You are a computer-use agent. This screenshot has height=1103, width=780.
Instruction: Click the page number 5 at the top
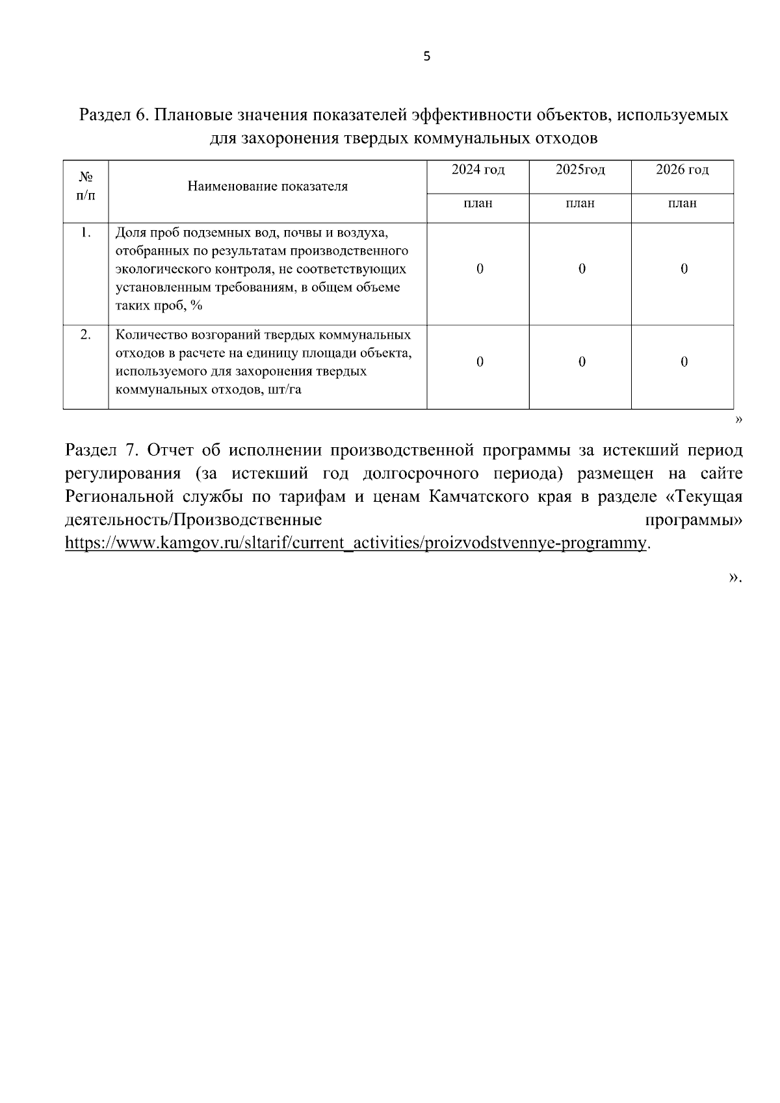click(426, 57)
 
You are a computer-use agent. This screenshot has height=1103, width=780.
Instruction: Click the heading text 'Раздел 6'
click(113, 116)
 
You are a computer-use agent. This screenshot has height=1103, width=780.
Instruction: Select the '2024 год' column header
click(478, 170)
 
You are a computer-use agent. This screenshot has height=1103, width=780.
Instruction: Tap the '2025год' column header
click(580, 170)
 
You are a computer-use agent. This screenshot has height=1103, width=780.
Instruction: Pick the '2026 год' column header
click(682, 170)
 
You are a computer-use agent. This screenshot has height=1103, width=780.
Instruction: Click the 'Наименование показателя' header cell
click(267, 187)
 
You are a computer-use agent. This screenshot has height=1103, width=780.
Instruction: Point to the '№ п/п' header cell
click(85, 187)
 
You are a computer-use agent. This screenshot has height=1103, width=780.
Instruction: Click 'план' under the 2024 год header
click(478, 203)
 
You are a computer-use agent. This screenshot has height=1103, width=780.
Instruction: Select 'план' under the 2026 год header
click(682, 203)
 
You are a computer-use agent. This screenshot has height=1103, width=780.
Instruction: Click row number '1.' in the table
click(85, 233)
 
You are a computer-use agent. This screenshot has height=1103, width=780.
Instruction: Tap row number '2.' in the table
click(85, 335)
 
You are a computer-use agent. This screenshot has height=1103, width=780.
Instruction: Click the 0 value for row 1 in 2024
click(480, 269)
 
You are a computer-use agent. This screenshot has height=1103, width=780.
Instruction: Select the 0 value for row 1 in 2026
click(684, 269)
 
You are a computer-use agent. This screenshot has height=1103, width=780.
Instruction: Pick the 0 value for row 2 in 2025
click(582, 362)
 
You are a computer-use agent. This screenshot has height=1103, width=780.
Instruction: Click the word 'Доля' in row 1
click(130, 233)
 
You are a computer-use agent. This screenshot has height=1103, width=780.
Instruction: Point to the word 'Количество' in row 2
click(148, 335)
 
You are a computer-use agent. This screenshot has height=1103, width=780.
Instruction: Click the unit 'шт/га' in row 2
click(284, 391)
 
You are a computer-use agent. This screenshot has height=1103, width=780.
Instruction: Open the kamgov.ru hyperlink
click(356, 543)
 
